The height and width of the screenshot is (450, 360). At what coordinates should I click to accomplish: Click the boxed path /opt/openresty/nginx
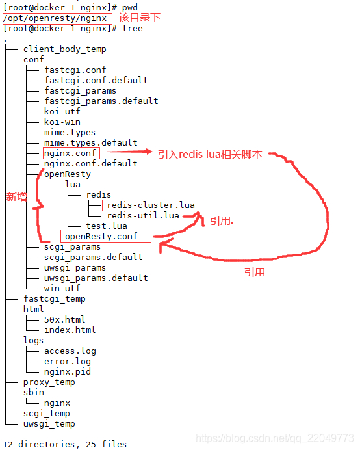point(55,18)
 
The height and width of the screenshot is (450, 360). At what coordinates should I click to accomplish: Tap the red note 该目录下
point(140,18)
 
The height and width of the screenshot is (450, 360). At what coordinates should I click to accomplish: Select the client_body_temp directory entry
point(65,49)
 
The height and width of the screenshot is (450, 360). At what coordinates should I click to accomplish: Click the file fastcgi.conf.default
point(96,80)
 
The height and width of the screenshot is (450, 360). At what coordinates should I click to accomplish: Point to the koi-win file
point(62,122)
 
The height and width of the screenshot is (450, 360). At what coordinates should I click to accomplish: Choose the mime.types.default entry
point(91,142)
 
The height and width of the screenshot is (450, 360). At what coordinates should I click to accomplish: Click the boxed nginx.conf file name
point(70,153)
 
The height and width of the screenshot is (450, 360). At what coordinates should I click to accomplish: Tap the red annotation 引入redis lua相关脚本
point(210,154)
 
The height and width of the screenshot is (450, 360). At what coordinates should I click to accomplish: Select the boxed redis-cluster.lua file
point(151,205)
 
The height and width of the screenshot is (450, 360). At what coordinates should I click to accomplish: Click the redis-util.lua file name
point(143,215)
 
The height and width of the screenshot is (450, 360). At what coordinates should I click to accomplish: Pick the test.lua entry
point(107,226)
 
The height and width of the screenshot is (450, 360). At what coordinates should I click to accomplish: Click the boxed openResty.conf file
point(101,237)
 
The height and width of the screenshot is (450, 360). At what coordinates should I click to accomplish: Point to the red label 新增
point(17,197)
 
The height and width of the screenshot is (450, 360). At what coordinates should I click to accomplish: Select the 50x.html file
point(65,319)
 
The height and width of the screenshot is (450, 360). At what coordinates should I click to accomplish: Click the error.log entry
point(68,362)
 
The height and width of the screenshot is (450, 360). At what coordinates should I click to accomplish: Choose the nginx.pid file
point(68,372)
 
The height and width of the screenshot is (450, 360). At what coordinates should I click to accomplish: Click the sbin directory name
point(34,393)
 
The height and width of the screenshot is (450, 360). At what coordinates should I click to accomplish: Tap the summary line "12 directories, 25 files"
point(65,444)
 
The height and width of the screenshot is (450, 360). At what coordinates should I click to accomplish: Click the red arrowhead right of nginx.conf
point(149,152)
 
